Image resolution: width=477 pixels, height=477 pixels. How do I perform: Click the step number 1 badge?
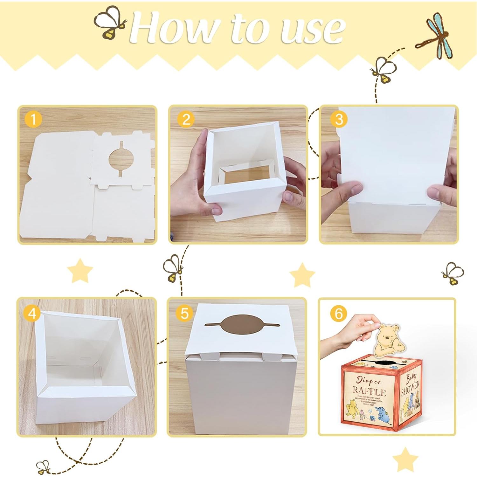tap(33, 120)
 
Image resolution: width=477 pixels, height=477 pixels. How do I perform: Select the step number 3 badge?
tap(339, 119)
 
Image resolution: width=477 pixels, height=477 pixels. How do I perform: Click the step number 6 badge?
tap(338, 313)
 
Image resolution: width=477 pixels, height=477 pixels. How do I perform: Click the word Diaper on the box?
tap(368, 380)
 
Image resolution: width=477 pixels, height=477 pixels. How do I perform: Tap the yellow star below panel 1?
tap(80, 271)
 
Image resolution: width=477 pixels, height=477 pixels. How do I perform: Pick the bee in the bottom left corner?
tap(44, 466)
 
